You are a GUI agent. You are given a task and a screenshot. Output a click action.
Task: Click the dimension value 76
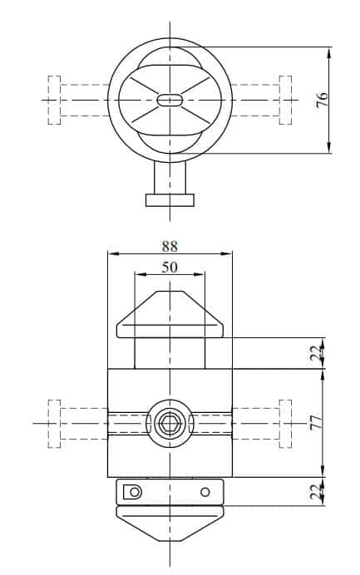323,99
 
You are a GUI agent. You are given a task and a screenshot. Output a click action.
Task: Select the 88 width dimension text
170,246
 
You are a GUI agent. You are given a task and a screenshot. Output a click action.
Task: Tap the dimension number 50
170,267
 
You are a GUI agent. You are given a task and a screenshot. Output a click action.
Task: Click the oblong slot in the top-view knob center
170,100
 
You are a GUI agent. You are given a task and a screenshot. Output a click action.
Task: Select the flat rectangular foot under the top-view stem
170,199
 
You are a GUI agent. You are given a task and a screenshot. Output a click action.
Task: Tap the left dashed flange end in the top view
55,100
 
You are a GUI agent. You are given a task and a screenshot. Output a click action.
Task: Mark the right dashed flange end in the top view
285,100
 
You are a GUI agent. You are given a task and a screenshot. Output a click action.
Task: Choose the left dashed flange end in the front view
55,423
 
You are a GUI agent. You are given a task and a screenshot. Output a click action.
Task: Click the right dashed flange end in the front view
285,423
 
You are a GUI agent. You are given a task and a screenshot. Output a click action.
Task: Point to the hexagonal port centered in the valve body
170,423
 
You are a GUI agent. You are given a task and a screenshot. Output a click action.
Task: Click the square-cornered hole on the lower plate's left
132,492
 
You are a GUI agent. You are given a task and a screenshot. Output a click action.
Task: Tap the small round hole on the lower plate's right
205,492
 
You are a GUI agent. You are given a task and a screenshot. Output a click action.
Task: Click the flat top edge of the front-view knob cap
170,292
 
